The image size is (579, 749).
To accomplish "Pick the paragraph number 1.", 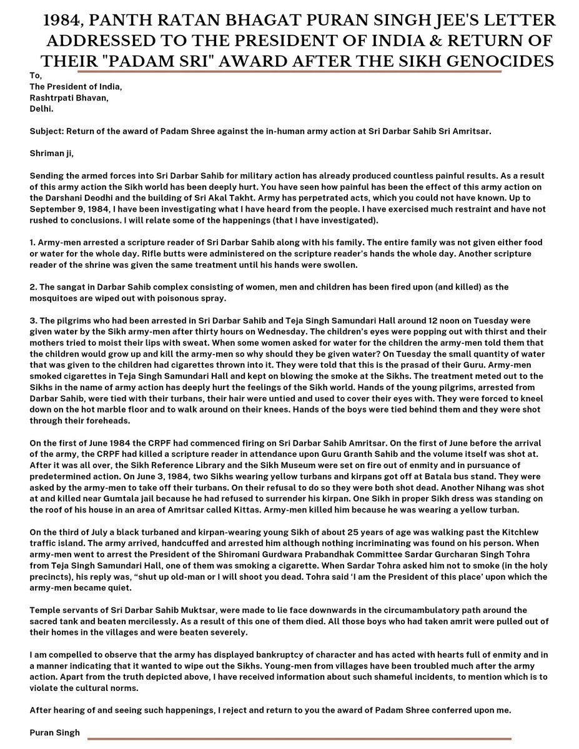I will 32,242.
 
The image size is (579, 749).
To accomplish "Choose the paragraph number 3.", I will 32,320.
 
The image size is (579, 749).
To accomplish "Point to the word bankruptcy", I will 258,654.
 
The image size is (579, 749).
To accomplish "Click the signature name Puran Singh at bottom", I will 54,732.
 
